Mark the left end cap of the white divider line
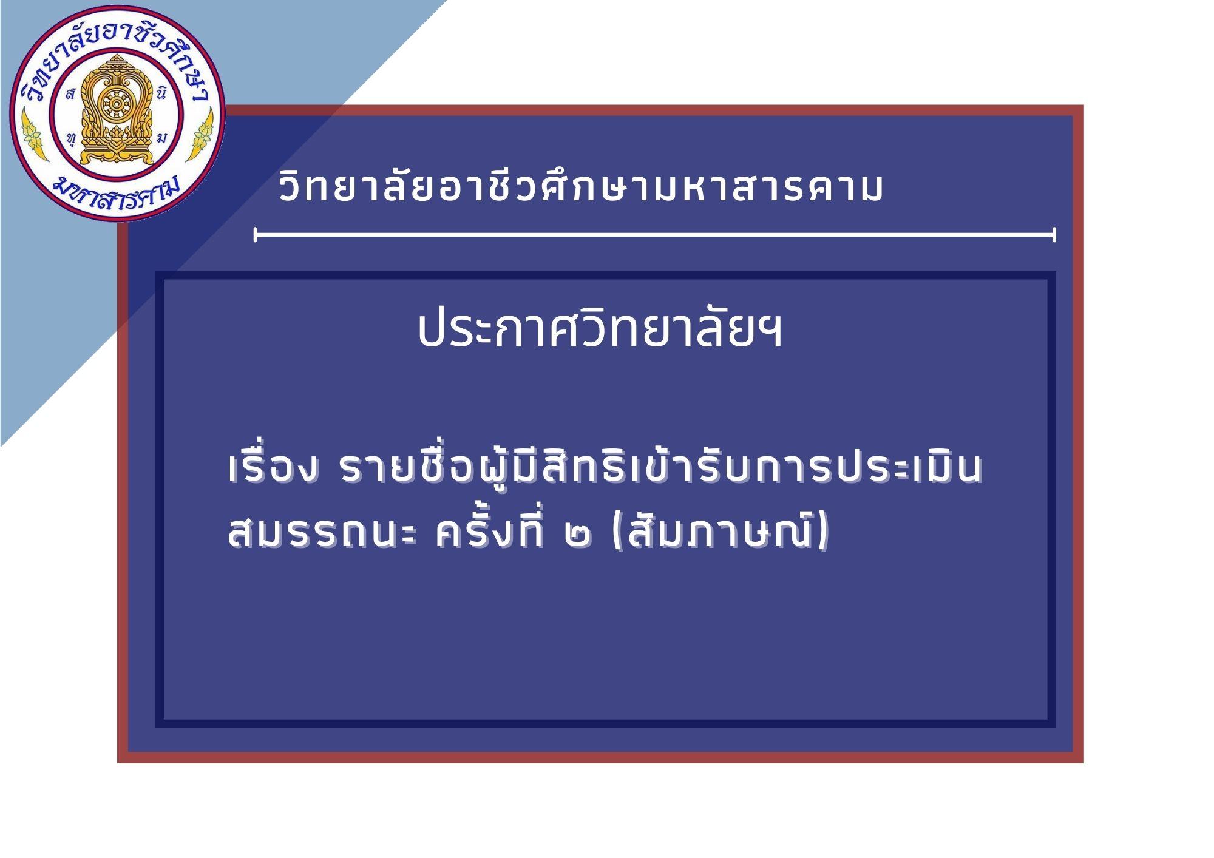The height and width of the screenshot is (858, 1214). click(255, 234)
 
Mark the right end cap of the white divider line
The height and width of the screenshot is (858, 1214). click(1054, 234)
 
